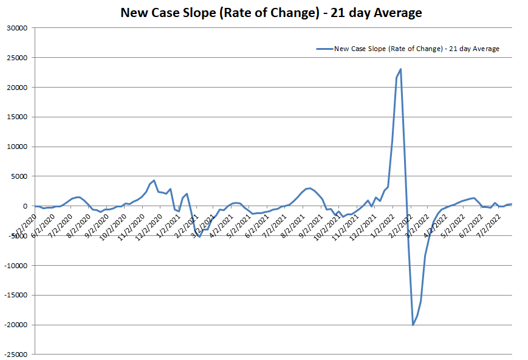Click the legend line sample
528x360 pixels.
click(x=324, y=49)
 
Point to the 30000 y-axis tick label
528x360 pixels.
click(x=18, y=28)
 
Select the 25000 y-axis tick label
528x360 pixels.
click(x=18, y=58)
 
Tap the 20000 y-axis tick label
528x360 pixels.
click(x=18, y=88)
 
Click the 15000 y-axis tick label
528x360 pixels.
click(x=18, y=117)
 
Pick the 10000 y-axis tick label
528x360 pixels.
click(x=18, y=147)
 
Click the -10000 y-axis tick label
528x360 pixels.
click(x=16, y=266)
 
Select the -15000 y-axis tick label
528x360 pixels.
click(x=16, y=296)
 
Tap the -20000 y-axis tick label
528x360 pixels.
click(x=16, y=325)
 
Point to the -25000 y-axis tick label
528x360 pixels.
click(x=16, y=355)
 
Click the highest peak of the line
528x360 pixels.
click(x=401, y=69)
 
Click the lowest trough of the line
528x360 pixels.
click(x=413, y=325)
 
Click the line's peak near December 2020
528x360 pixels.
click(x=154, y=180)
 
